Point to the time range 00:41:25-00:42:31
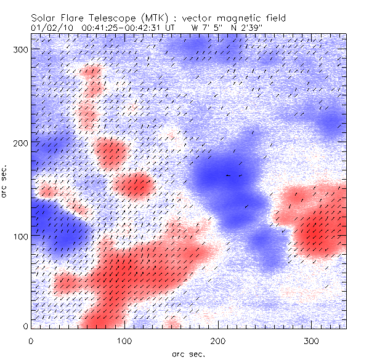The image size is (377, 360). [x=124, y=28]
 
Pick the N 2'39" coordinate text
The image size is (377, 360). [x=246, y=28]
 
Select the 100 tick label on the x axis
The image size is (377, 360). [x=124, y=340]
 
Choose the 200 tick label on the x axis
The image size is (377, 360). [x=218, y=340]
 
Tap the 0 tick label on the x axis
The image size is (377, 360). [x=31, y=340]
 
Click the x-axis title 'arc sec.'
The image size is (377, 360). [x=188, y=353]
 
